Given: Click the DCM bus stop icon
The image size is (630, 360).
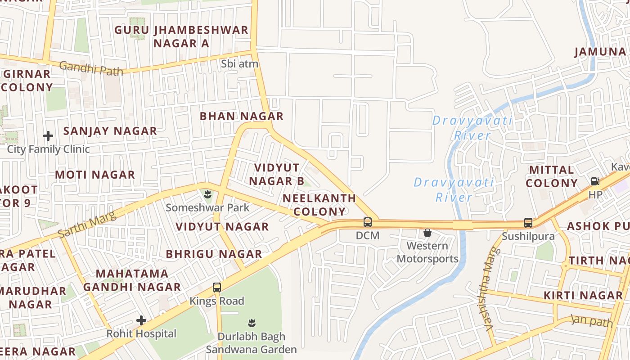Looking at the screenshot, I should pyautogui.click(x=368, y=222).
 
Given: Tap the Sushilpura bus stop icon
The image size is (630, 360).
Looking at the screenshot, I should pyautogui.click(x=528, y=223).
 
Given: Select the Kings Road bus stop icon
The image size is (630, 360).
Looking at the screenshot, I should pyautogui.click(x=217, y=288).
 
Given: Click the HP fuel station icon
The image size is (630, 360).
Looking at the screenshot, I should pyautogui.click(x=595, y=181).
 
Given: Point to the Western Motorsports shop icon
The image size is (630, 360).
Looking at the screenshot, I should pyautogui.click(x=427, y=233).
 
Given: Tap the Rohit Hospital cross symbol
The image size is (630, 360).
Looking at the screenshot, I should pyautogui.click(x=141, y=320).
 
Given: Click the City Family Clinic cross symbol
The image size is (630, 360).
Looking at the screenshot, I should pyautogui.click(x=48, y=135).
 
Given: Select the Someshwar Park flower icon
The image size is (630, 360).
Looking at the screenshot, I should pyautogui.click(x=207, y=195).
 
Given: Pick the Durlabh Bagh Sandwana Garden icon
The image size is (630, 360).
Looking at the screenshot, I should pyautogui.click(x=252, y=323).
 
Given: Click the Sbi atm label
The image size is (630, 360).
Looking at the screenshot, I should pyautogui.click(x=240, y=64).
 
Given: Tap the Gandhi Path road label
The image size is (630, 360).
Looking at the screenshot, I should pyautogui.click(x=91, y=68).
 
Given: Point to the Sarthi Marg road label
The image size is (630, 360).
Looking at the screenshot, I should pyautogui.click(x=87, y=225).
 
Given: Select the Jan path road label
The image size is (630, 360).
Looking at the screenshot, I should pyautogui.click(x=591, y=321).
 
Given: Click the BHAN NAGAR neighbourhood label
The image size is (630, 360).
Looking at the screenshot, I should pyautogui.click(x=242, y=116).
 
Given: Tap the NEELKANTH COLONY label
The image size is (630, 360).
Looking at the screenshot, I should pyautogui.click(x=319, y=205).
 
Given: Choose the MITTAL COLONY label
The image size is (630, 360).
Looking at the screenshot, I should pyautogui.click(x=552, y=176).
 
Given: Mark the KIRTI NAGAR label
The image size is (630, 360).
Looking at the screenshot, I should pyautogui.click(x=583, y=296).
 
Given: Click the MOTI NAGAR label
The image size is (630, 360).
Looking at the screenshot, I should pyautogui.click(x=95, y=175).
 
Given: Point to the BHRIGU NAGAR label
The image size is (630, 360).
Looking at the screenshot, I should pyautogui.click(x=214, y=254).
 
